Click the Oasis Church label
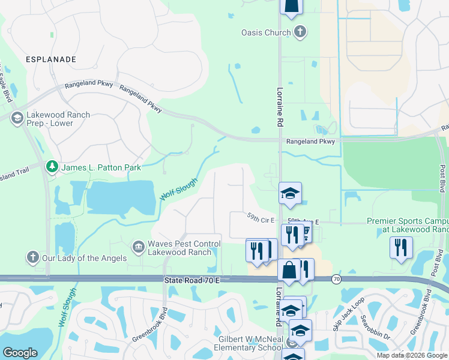[x=265, y=32]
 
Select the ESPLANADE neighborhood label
[x=51, y=59]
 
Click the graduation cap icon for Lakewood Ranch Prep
[x=17, y=118]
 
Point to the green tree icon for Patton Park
[x=53, y=167]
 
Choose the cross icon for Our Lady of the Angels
[x=33, y=258]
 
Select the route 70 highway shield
[x=337, y=280]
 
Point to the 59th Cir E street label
[x=260, y=220]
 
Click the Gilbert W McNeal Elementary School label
[x=250, y=343]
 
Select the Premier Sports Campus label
[x=407, y=225]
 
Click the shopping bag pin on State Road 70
[x=289, y=271]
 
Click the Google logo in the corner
[x=20, y=352]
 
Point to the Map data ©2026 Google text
[x=411, y=355]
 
